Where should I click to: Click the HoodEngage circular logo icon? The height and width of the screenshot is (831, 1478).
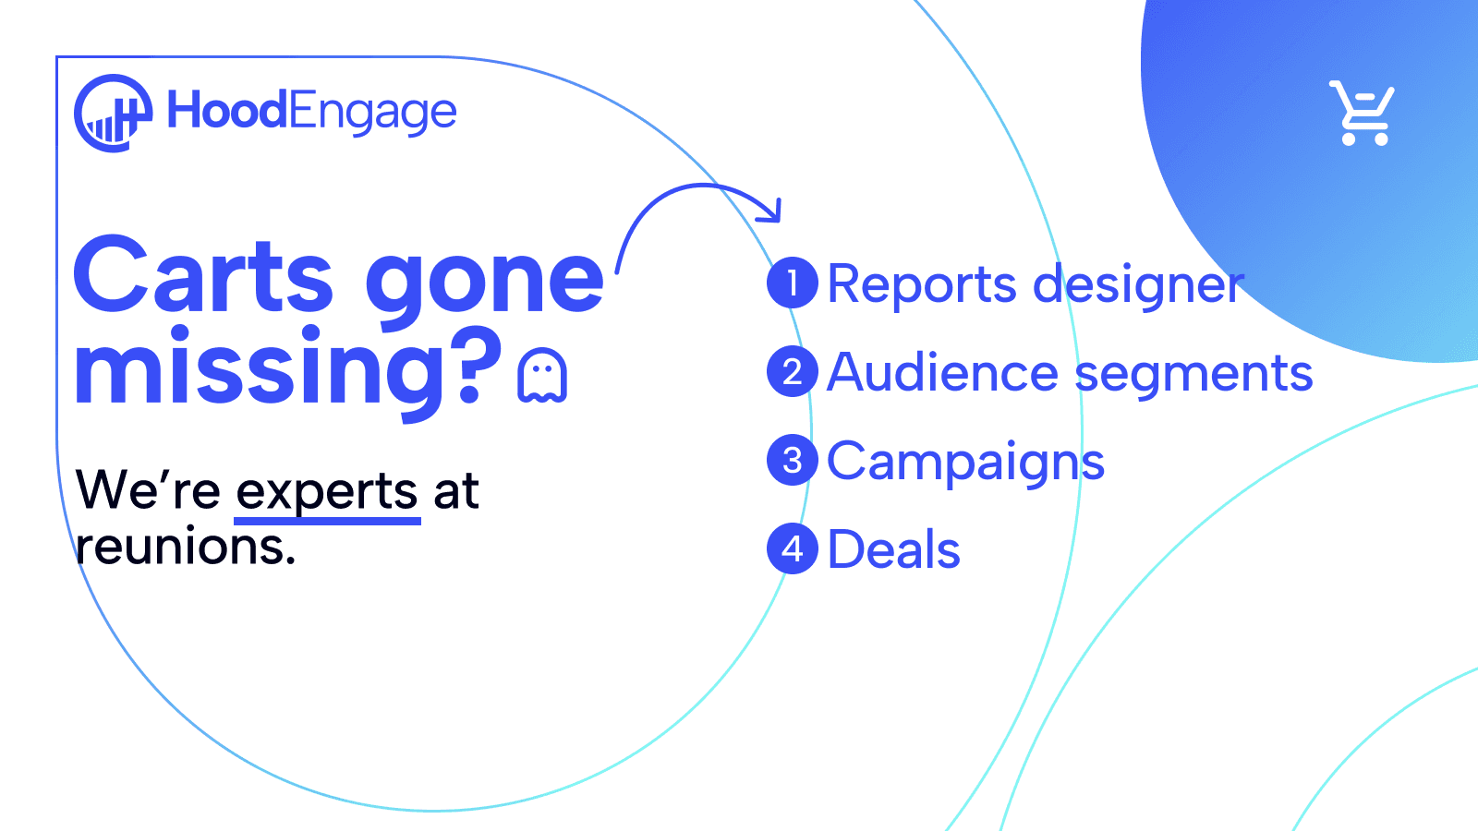(113, 113)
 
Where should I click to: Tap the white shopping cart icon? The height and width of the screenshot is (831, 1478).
(1363, 114)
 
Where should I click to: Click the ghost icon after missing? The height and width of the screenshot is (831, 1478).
(542, 376)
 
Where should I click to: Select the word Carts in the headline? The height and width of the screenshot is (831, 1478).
(203, 275)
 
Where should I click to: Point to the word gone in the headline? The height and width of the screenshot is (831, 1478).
(485, 282)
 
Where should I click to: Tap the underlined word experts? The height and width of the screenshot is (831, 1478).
(327, 491)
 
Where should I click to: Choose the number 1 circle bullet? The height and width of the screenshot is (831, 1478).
(793, 283)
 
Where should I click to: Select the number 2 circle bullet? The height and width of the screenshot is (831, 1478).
(793, 372)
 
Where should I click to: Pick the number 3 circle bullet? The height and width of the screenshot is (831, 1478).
(793, 461)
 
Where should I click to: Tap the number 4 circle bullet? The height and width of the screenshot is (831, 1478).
(793, 549)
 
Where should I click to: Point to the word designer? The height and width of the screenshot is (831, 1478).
(1138, 285)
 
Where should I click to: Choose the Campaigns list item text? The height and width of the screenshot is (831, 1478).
(965, 462)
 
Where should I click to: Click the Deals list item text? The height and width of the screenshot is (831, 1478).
(893, 550)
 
